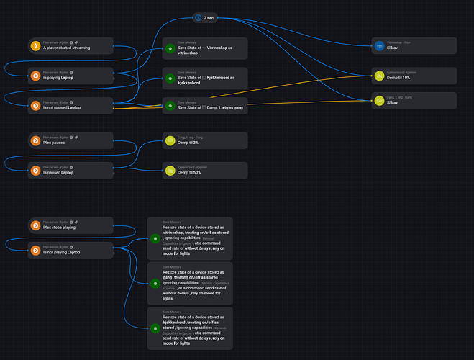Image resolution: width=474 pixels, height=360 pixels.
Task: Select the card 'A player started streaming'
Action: (70, 46)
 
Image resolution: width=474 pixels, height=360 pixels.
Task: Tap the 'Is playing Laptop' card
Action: (70, 75)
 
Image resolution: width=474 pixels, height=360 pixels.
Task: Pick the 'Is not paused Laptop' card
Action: (70, 106)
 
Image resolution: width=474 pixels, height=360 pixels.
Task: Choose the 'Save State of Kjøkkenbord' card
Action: (204, 77)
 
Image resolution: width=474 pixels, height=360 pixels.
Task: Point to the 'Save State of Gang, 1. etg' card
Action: (204, 106)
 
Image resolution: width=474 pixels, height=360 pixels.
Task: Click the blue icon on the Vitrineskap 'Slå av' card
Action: (380, 46)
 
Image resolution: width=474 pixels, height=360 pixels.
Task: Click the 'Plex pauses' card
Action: (70, 140)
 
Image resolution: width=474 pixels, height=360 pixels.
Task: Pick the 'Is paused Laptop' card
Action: (70, 170)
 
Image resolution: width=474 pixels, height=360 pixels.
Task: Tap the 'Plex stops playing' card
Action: (70, 225)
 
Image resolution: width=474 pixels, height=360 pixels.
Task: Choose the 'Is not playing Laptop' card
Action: (70, 250)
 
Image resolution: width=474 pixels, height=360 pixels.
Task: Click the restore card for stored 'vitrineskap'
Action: (190, 237)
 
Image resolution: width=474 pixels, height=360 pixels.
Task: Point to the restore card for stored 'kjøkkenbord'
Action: (190, 328)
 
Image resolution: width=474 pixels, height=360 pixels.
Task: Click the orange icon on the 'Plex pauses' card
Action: (36, 140)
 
